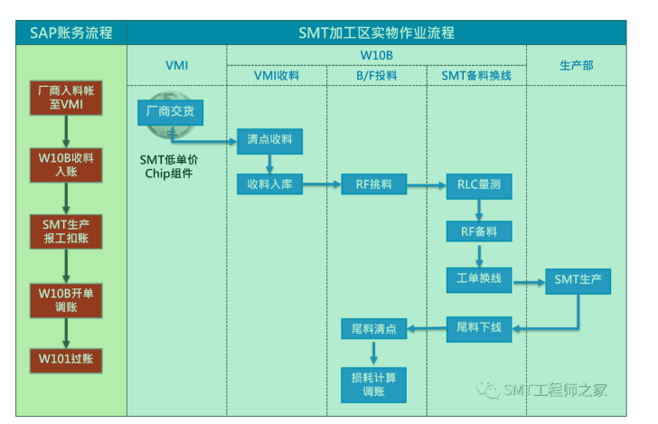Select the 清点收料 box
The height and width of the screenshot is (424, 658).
pos(269,141)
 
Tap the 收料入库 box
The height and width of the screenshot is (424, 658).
pos(269,185)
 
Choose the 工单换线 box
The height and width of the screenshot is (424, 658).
pos(479,280)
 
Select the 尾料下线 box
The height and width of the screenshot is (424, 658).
pos(479,327)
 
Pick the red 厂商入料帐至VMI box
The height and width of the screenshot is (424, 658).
pos(65,98)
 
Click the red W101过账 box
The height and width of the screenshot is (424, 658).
pos(65,359)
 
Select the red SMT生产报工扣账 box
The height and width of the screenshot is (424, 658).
pos(65,231)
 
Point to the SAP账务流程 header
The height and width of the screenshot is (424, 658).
pos(65,33)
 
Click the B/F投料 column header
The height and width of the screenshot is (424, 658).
pos(375,75)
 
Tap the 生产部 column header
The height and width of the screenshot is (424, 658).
pos(578,65)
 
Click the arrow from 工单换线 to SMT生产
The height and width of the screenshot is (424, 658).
pos(529,281)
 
